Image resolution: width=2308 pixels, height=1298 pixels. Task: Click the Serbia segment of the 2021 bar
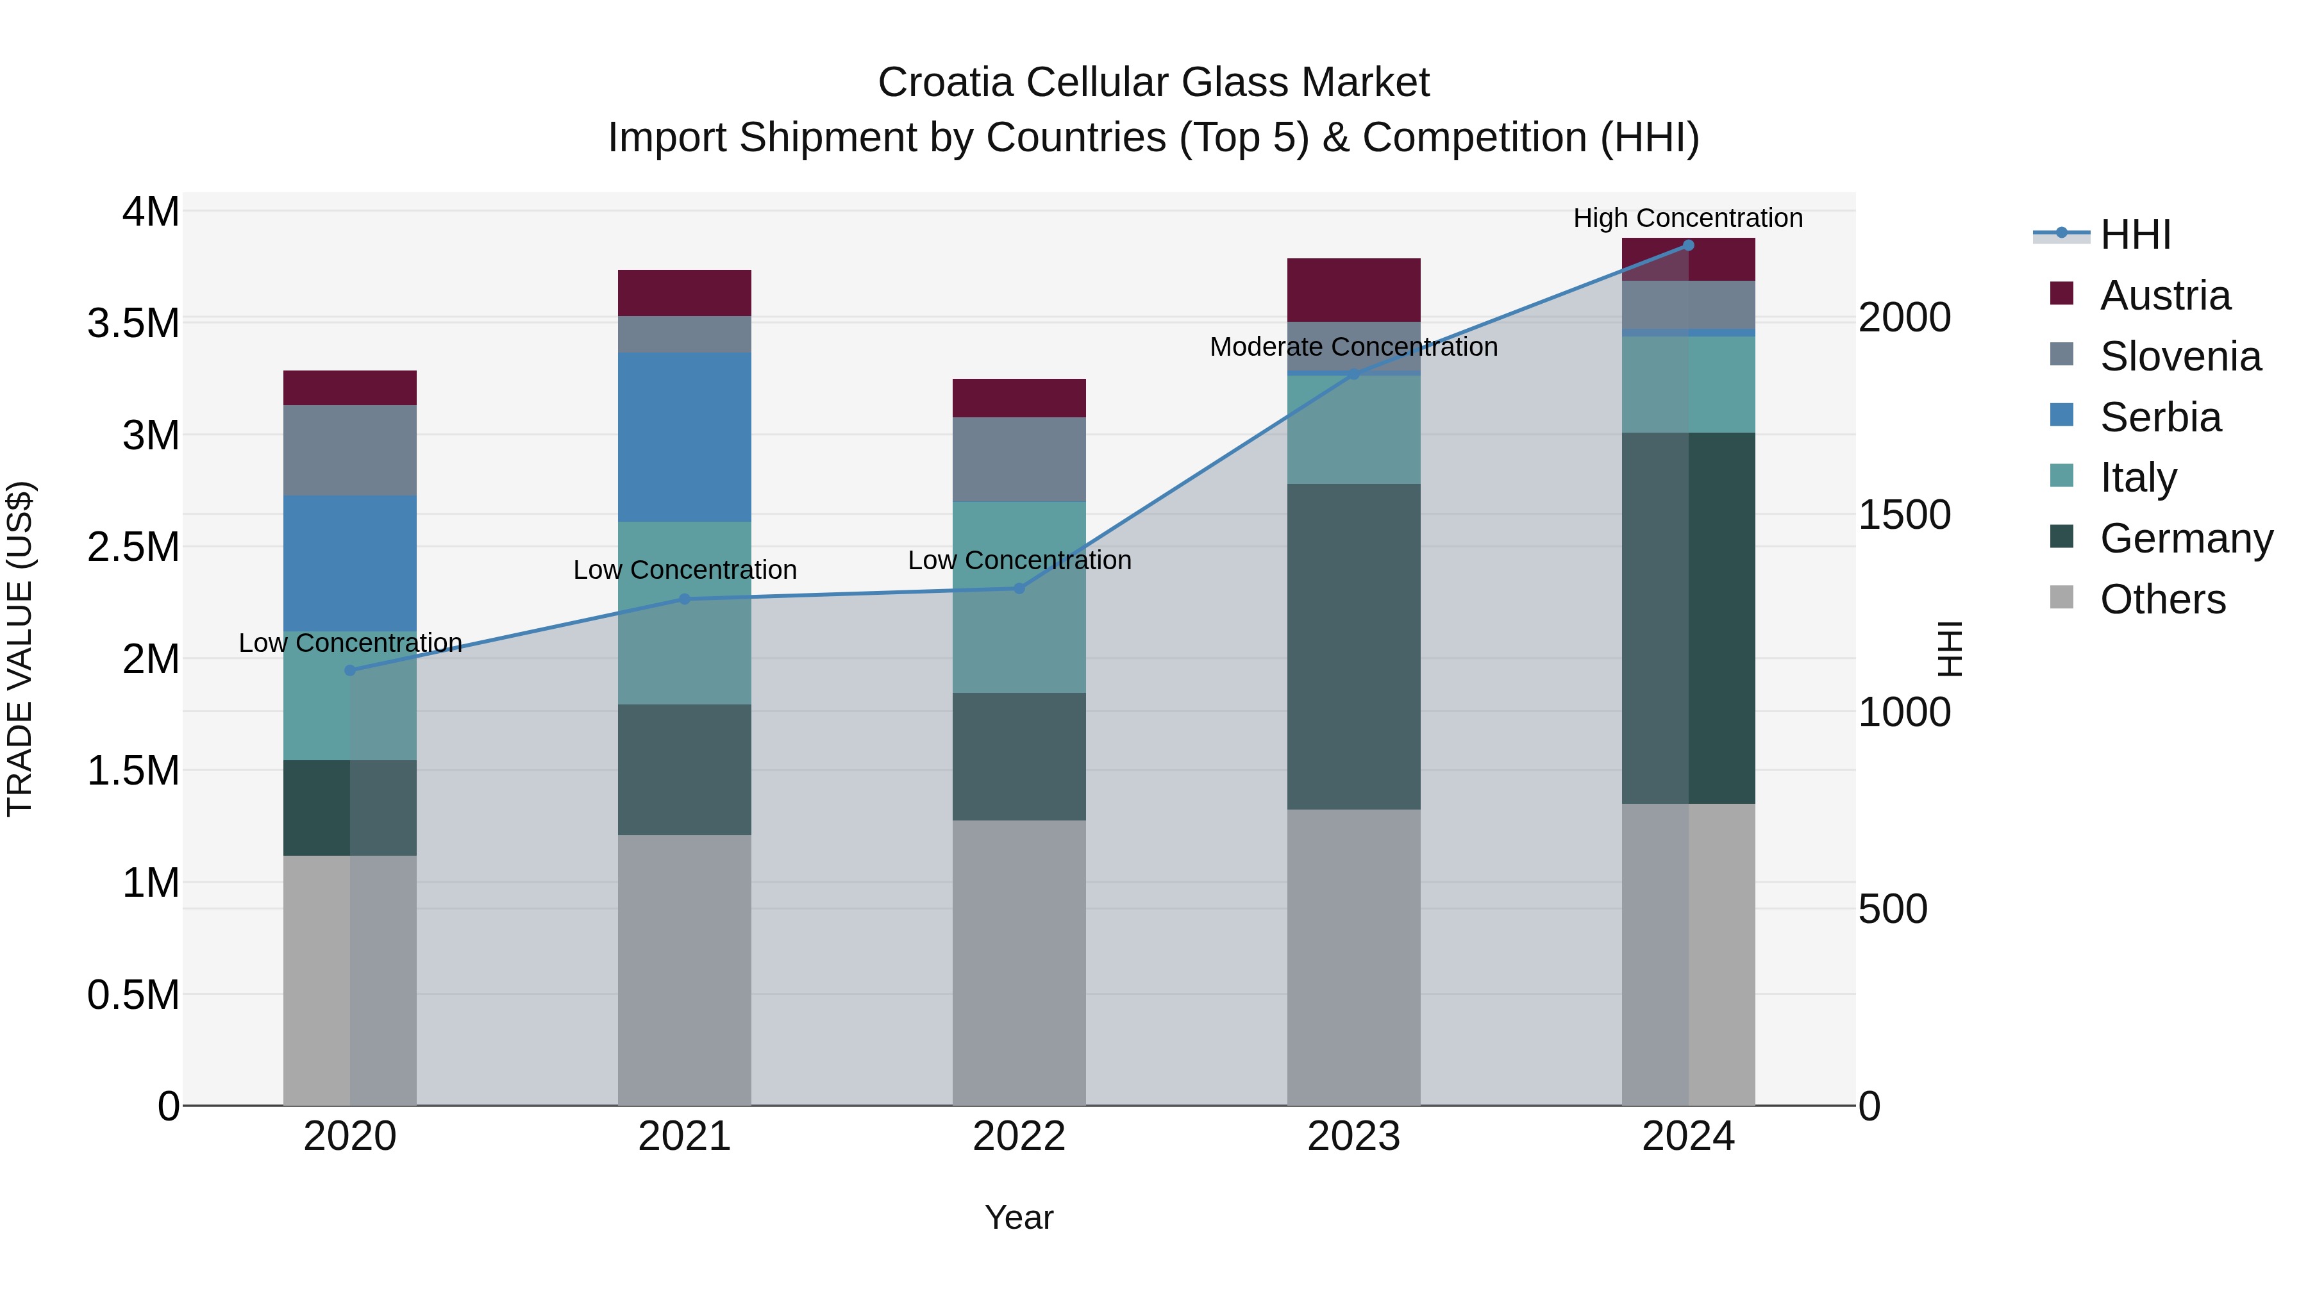tap(685, 437)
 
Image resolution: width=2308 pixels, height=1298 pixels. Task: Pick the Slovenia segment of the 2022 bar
tap(1019, 459)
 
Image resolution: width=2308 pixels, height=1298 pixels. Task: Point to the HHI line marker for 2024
tap(1688, 245)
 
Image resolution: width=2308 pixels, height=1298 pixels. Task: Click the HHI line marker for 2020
tap(350, 670)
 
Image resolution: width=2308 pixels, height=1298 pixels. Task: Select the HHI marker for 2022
tap(1019, 588)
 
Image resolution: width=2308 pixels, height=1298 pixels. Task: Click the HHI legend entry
tap(2135, 235)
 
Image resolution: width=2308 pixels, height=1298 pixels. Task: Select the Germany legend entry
tap(2186, 538)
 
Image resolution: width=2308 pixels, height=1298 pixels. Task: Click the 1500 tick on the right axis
tap(1904, 515)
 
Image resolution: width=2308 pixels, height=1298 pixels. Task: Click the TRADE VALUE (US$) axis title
tap(20, 649)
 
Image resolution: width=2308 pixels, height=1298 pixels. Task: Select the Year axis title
tap(1019, 1217)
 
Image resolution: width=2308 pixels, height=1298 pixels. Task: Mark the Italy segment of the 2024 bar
tap(1688, 385)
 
